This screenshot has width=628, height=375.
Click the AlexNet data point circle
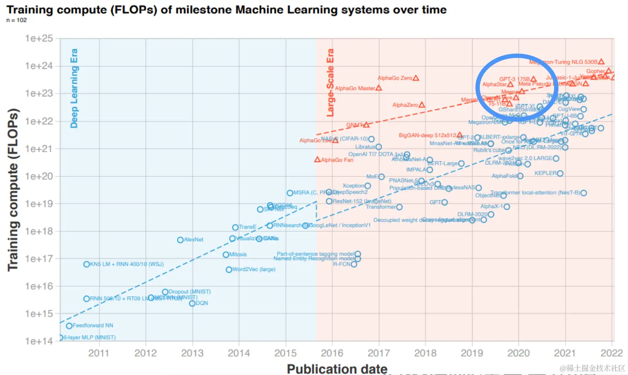tap(180, 240)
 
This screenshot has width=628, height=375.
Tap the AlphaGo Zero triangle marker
tap(416, 78)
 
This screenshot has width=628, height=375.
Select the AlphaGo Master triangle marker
tap(379, 88)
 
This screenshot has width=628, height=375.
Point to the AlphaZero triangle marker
tap(422, 105)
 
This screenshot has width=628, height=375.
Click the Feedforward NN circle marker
tap(69, 326)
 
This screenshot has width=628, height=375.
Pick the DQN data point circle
tap(192, 303)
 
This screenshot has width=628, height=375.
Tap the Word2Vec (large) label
tap(254, 270)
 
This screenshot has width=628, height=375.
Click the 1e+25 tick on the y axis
tap(39, 39)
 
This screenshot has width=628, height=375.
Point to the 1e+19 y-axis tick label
tap(39, 204)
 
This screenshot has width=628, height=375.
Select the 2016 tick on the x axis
tap(332, 353)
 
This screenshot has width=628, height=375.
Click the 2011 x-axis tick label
tap(99, 353)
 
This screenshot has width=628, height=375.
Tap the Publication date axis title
tap(337, 369)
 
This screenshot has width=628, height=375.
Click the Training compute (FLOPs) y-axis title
tap(13, 190)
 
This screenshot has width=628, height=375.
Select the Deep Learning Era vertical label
tap(74, 88)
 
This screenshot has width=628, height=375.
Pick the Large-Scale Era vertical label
tap(330, 82)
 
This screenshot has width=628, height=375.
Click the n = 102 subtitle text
tap(16, 20)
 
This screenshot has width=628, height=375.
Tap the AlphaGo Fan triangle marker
tap(317, 159)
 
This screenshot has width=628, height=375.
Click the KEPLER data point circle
tap(560, 174)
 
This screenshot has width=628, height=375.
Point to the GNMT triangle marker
tap(366, 125)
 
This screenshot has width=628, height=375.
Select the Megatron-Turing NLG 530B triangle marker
tap(601, 62)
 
